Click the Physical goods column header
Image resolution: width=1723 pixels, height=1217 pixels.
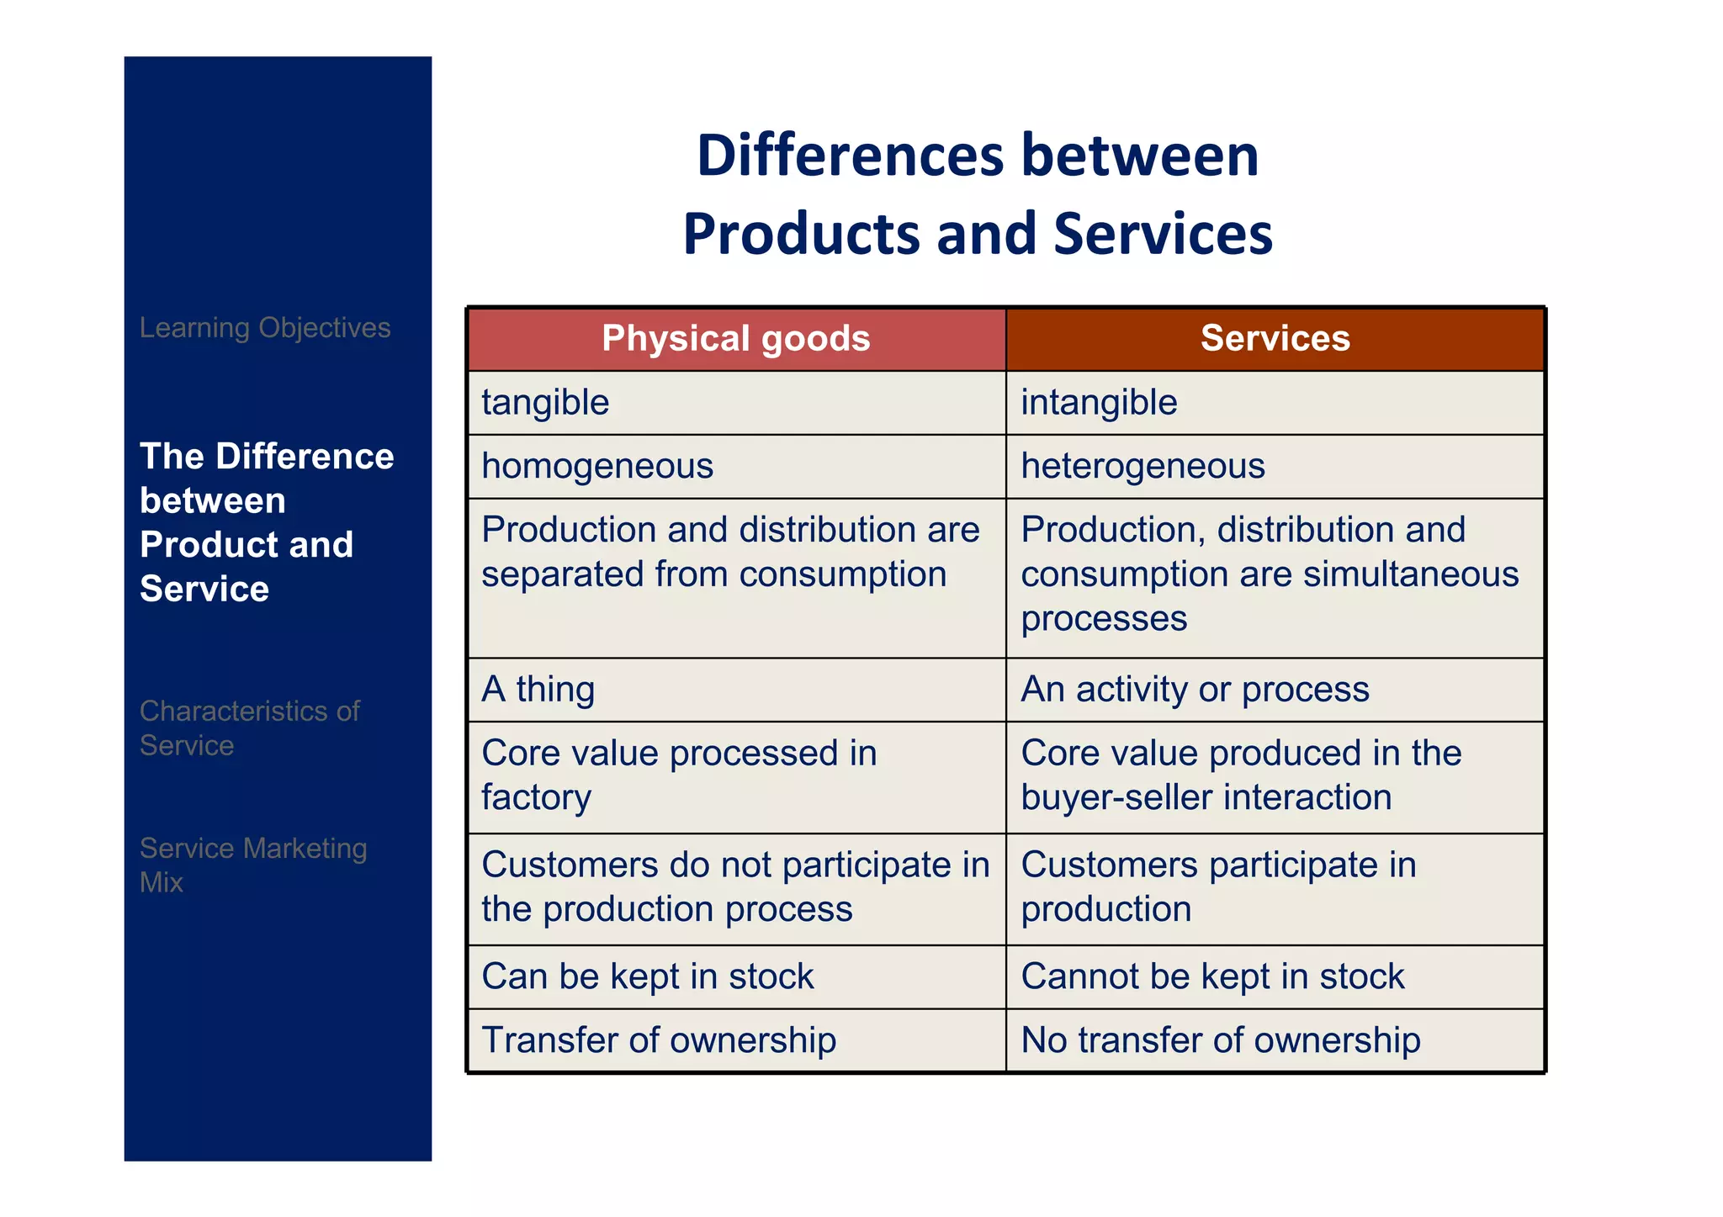[x=736, y=339]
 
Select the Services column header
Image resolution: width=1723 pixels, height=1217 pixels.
[x=1275, y=339]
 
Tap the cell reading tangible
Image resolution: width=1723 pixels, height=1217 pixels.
[x=736, y=403]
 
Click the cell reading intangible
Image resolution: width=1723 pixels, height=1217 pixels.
[x=1275, y=403]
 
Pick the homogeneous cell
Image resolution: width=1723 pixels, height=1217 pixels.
[x=736, y=467]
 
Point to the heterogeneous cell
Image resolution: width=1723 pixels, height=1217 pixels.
[x=1275, y=467]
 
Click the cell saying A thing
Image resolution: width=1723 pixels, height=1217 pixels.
[x=736, y=690]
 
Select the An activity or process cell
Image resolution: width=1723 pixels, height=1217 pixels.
[x=1275, y=690]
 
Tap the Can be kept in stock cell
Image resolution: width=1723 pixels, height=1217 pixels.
[x=736, y=976]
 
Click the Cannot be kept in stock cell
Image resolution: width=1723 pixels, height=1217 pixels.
[x=1275, y=976]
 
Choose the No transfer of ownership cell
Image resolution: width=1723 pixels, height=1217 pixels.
[x=1275, y=1040]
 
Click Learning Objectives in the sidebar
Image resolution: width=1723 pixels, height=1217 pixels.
[x=265, y=328]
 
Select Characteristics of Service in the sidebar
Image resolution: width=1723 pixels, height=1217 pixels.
[x=249, y=728]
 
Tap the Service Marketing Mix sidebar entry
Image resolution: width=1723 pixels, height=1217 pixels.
[x=252, y=865]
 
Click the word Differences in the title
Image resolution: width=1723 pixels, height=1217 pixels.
[x=850, y=156]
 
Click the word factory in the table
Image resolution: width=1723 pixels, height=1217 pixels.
[x=536, y=797]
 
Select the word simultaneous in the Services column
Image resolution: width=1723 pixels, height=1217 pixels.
[x=1411, y=574]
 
